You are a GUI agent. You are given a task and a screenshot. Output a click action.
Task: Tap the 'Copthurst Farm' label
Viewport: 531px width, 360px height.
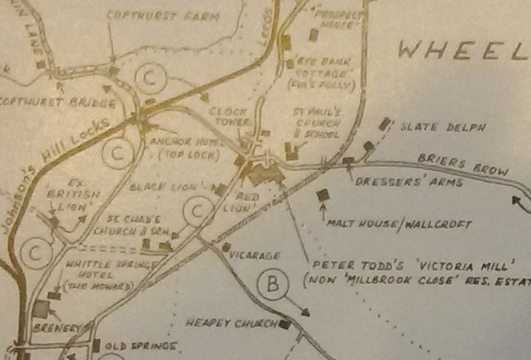(155, 14)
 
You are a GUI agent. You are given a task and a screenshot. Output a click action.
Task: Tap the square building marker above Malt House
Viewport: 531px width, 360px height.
(322, 195)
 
